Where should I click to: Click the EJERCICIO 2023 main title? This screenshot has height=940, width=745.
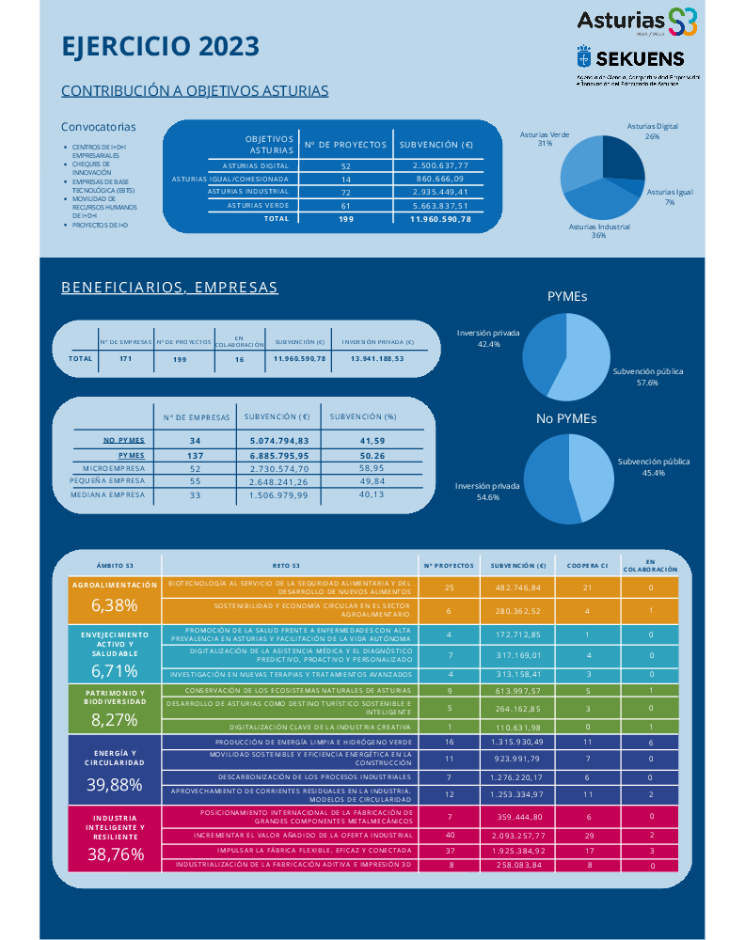click(160, 47)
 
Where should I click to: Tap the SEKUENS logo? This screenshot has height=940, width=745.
click(637, 57)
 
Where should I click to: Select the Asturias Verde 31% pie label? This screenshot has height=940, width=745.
click(545, 139)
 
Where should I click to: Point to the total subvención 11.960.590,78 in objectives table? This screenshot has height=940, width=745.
click(440, 219)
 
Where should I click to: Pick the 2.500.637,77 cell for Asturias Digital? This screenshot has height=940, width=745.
click(440, 165)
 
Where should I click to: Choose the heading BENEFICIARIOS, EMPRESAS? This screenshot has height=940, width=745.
click(169, 287)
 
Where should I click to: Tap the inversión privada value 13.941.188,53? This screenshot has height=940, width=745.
click(376, 358)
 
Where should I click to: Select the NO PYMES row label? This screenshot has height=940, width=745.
click(123, 440)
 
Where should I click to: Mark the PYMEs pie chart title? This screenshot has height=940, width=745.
click(567, 296)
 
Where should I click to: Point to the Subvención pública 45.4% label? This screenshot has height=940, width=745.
click(653, 467)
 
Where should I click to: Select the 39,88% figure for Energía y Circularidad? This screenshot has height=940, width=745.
click(115, 784)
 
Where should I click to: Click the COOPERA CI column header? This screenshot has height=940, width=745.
click(587, 566)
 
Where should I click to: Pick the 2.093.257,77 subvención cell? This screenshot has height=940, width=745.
click(517, 835)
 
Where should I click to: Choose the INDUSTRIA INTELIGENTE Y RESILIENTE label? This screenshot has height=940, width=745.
click(115, 826)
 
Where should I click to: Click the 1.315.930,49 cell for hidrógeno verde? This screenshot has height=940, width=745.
click(517, 742)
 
